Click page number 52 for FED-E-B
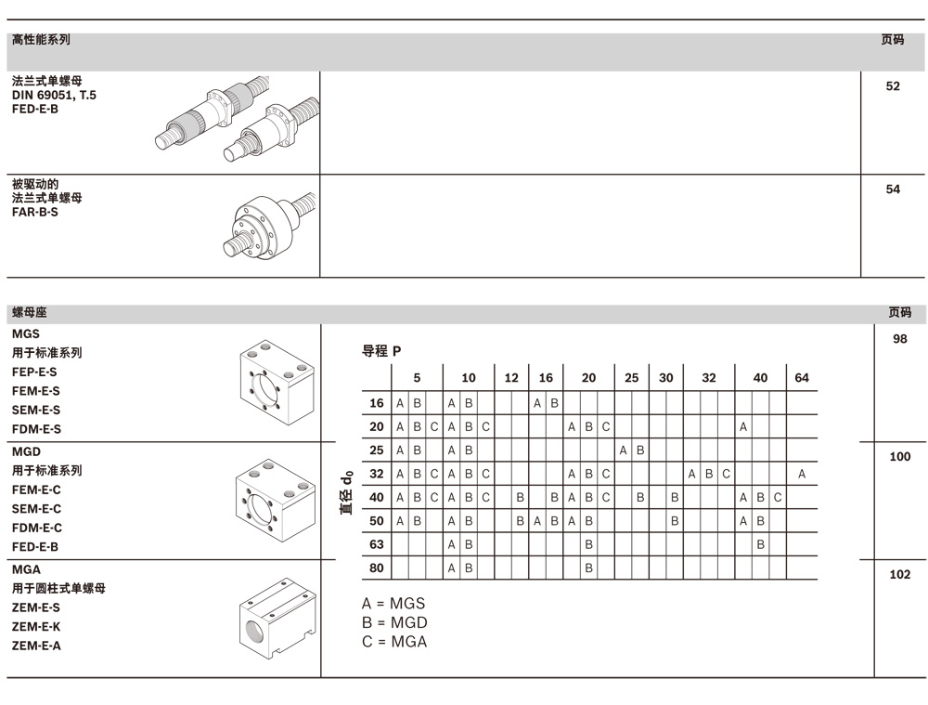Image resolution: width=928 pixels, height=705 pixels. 893,86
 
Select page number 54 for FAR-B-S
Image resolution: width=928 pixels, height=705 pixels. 893,189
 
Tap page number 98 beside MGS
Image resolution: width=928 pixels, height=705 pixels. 899,339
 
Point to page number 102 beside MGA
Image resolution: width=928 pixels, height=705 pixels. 899,575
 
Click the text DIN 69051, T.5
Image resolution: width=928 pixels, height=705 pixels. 54,96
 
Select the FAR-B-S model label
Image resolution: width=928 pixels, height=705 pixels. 35,213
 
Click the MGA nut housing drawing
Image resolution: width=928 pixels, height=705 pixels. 276,617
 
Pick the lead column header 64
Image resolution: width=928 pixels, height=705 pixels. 802,378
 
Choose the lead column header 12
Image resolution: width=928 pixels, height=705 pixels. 511,378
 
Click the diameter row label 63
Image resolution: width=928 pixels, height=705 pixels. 376,544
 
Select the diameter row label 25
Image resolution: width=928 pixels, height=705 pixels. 376,450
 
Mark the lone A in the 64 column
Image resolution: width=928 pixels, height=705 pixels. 802,474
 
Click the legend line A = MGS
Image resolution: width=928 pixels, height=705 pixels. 393,605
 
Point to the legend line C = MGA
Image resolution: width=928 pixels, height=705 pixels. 394,642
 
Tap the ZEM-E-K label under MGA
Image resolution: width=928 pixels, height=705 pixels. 36,627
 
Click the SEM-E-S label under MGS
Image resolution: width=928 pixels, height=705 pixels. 36,410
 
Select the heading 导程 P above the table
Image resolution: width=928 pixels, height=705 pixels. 381,351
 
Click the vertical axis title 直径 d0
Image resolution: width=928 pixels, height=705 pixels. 346,491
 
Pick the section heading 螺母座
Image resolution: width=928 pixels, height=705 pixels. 30,313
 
